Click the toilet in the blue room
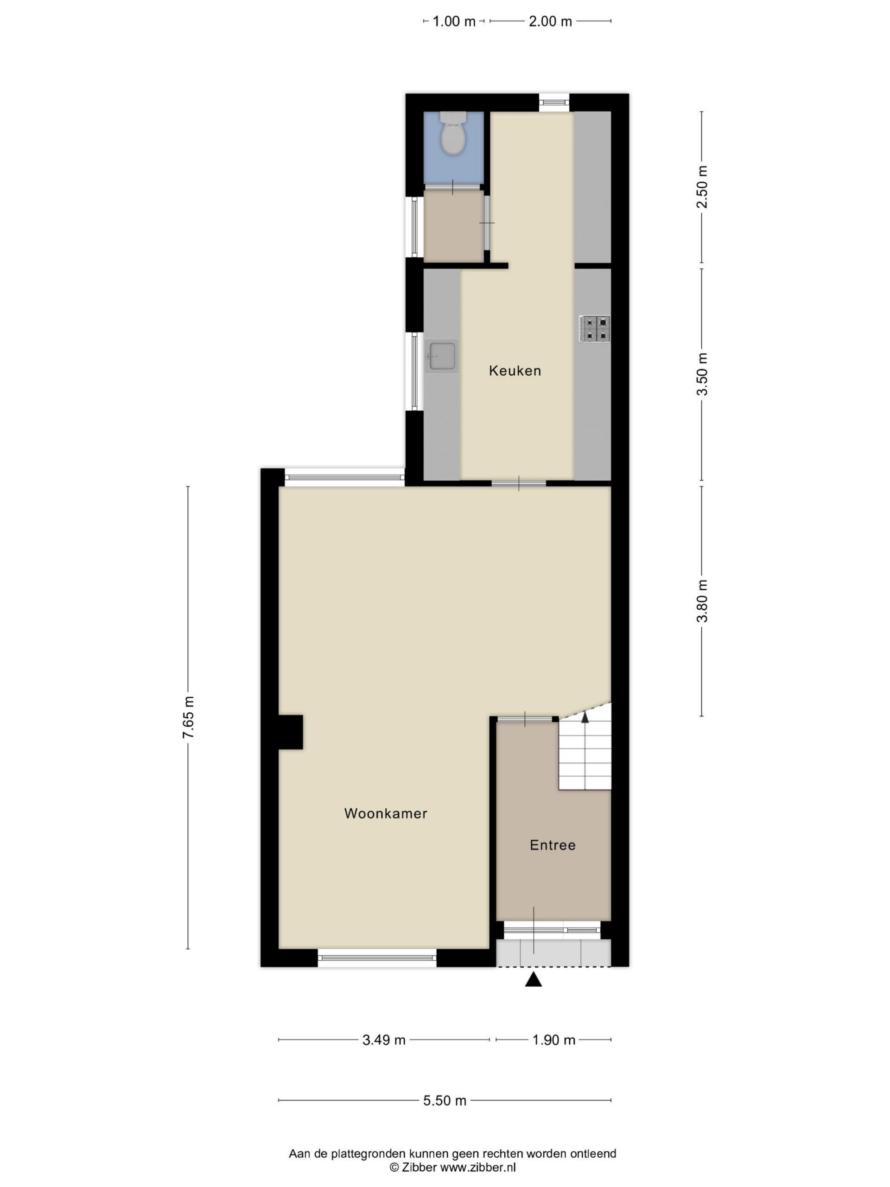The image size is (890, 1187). (453, 133)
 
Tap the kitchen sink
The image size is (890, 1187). (441, 356)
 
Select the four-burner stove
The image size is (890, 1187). (594, 329)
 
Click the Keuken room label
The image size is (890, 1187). (515, 370)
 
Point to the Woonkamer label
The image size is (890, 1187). (386, 813)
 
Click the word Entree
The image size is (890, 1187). (553, 845)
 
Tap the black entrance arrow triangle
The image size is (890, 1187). (533, 979)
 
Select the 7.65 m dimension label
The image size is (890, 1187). (188, 717)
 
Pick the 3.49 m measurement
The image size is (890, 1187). (384, 1040)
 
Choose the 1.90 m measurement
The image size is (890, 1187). (553, 1040)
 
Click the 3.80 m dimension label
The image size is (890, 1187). (702, 601)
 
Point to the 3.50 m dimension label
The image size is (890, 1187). (702, 374)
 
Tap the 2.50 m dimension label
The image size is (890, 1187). (702, 186)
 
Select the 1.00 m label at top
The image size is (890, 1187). (454, 21)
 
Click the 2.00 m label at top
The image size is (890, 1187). (550, 21)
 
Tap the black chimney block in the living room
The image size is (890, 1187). (291, 732)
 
